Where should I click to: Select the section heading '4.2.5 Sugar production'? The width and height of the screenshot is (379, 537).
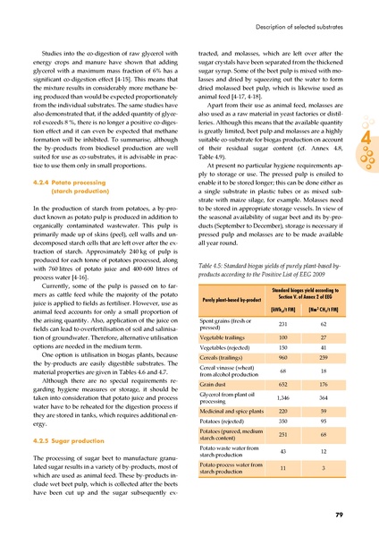65,440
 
